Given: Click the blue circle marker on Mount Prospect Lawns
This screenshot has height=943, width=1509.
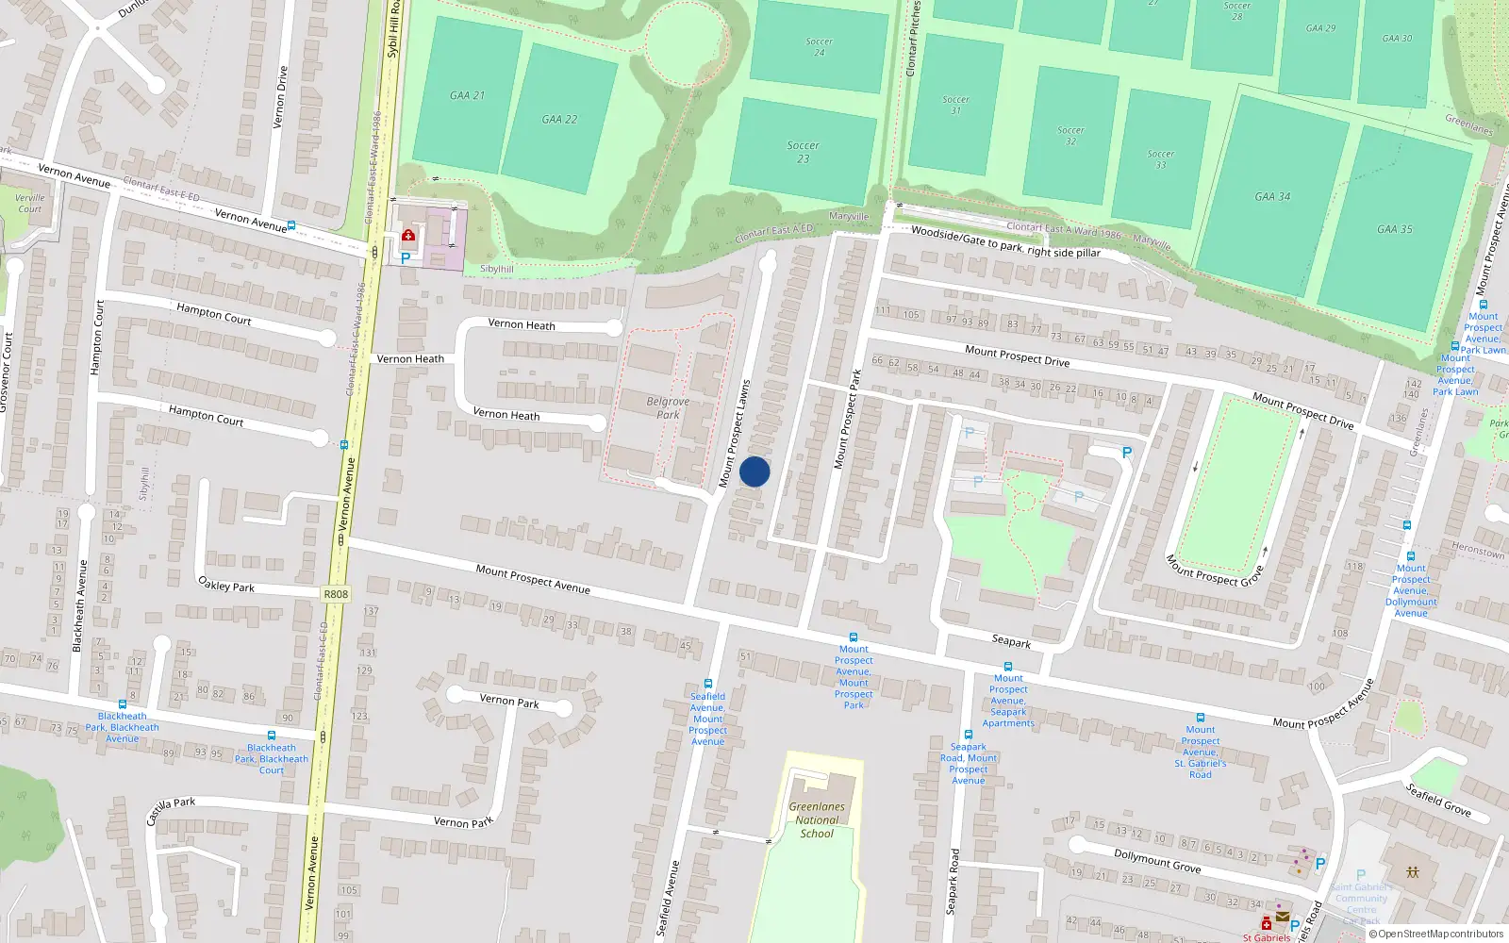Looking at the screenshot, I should [x=754, y=471].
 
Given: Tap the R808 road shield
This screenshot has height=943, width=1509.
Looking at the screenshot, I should [x=336, y=594].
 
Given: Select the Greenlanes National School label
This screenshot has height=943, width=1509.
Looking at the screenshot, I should [x=817, y=819].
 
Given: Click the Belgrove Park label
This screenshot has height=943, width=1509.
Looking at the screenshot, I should [x=668, y=407].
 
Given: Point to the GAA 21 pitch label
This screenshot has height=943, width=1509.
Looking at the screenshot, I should [x=467, y=95].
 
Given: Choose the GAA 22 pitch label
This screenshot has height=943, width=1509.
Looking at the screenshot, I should [x=559, y=120].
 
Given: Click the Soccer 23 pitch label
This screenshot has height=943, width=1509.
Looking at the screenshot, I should [x=803, y=152].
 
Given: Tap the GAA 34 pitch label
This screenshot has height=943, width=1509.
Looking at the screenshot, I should [x=1272, y=196].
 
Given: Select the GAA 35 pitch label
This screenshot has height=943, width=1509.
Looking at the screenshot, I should [x=1394, y=229].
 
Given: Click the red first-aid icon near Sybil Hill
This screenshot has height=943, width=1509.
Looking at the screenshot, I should [x=408, y=235].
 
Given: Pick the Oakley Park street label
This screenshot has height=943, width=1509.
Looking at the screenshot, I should [x=226, y=585].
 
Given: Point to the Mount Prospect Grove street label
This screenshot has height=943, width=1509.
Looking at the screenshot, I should [x=1215, y=571].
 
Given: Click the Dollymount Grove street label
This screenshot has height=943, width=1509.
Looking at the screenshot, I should [x=1157, y=860].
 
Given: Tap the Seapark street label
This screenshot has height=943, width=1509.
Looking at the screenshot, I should [x=1011, y=641].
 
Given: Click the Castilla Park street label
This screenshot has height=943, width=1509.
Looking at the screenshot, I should [x=171, y=809].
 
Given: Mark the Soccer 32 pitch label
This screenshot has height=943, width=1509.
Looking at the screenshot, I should [x=1070, y=136].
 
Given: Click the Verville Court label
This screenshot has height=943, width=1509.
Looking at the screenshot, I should [x=29, y=203].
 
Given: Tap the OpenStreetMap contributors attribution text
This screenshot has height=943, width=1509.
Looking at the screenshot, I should [x=1436, y=934].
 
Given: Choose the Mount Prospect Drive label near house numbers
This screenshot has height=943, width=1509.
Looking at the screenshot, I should [x=1017, y=356].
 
